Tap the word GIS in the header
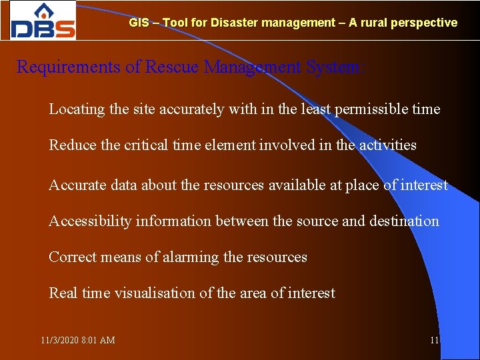139,23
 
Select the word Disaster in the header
235,23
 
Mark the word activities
386,145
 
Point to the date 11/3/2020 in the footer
59,341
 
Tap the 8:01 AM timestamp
98,341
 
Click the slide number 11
434,341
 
